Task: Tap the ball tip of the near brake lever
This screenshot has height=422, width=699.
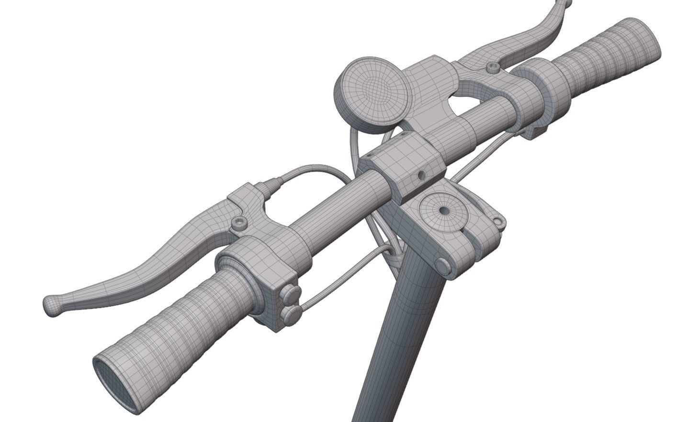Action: pos(51,305)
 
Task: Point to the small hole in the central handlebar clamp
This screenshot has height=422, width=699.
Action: pos(421,175)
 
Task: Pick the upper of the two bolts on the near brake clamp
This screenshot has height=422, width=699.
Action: pos(291,292)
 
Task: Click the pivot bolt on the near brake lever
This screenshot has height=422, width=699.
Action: pos(239,223)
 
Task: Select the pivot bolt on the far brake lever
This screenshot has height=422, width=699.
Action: pos(493,68)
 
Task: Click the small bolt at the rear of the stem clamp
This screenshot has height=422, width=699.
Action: pos(498,222)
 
